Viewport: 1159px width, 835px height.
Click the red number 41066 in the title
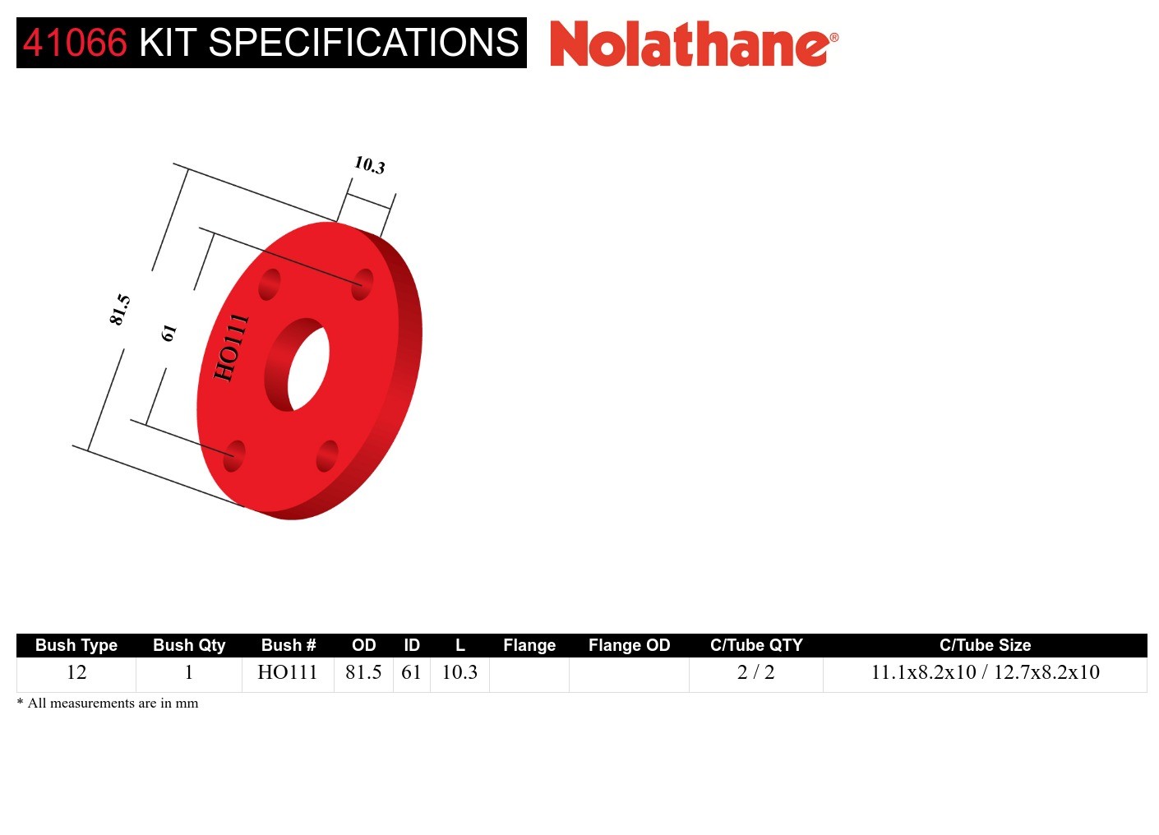point(75,43)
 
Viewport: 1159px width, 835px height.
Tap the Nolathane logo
point(693,44)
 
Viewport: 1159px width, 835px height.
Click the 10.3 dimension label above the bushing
point(370,165)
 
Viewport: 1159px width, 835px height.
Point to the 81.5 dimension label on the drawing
point(120,309)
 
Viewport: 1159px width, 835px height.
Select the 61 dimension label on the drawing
point(169,333)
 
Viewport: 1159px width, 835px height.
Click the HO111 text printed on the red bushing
point(231,348)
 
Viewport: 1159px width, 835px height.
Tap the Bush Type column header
point(76,645)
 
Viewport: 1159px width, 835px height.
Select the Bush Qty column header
point(189,645)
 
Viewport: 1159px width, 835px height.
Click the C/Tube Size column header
point(985,645)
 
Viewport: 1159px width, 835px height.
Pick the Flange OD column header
point(629,645)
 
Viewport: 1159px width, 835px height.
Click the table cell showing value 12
point(76,673)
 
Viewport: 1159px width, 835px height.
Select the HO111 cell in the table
point(287,673)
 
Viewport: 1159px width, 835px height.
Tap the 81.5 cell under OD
point(363,673)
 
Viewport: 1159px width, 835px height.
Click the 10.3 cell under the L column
point(459,673)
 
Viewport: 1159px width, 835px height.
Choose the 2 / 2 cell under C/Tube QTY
point(755,673)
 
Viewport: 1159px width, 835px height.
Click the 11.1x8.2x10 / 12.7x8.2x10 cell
point(985,673)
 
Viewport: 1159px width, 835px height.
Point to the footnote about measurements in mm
point(108,704)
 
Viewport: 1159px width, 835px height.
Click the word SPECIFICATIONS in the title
point(363,43)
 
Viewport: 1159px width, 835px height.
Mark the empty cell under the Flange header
point(529,674)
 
